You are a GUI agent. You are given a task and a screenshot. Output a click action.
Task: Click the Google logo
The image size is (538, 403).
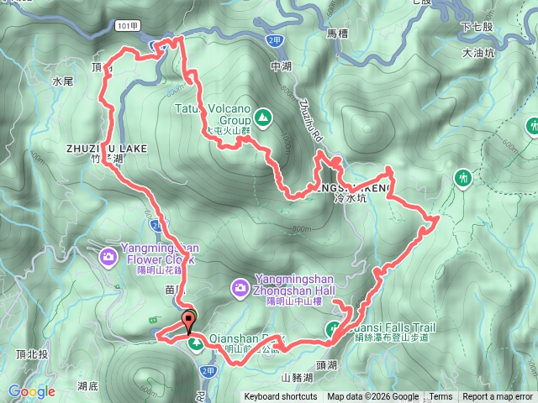pos(32,391)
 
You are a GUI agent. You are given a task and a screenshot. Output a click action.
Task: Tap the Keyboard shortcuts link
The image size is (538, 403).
pos(281,397)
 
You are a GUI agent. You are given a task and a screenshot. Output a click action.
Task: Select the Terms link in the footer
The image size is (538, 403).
pos(440,397)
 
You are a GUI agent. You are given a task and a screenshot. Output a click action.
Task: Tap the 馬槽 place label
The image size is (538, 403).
pos(337,34)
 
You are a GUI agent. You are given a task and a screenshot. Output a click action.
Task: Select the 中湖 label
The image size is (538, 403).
pos(280,65)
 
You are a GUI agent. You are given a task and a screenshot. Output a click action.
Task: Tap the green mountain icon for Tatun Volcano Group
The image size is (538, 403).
pos(263,118)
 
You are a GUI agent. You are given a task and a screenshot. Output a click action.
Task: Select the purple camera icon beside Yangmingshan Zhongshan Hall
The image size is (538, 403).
pos(241,290)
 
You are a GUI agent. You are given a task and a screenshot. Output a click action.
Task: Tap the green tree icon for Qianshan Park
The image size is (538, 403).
pos(195,344)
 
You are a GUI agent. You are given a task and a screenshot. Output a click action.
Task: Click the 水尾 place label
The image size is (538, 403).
pos(63,82)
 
